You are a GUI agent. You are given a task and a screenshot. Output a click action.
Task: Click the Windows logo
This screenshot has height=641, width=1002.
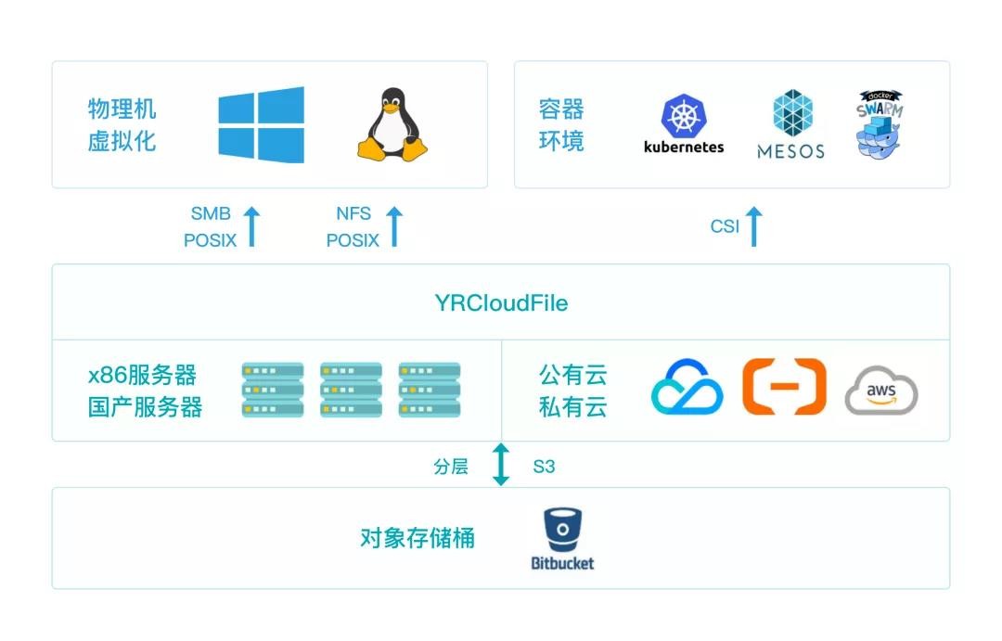tap(262, 125)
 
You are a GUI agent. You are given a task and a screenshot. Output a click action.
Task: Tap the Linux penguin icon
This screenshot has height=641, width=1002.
tap(392, 126)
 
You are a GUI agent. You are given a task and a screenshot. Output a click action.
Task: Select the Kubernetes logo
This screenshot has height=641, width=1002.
tap(684, 123)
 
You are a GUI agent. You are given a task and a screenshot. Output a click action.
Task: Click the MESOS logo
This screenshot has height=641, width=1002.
tap(791, 124)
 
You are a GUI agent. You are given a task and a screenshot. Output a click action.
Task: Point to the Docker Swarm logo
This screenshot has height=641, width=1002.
tap(880, 124)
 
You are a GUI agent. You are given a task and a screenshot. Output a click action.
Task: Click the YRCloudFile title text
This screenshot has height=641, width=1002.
tap(501, 303)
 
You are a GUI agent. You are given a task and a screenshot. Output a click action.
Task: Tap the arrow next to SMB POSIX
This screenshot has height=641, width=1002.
tap(251, 227)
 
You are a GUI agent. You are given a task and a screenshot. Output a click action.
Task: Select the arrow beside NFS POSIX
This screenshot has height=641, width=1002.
tap(394, 227)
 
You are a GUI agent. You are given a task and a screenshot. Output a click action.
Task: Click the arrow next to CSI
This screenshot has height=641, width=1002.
tap(753, 227)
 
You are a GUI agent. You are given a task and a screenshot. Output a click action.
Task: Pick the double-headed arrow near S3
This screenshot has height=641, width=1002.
tap(501, 465)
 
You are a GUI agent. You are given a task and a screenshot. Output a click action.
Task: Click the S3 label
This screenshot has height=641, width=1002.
tap(544, 467)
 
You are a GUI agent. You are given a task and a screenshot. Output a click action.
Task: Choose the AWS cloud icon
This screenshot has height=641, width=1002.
tap(881, 392)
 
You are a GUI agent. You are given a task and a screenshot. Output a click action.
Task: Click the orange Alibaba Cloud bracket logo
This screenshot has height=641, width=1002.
tap(784, 386)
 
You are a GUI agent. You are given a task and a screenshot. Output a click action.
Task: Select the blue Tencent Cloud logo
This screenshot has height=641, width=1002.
tap(687, 388)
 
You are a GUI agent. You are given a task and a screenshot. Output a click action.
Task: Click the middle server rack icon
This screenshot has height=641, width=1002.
tap(351, 390)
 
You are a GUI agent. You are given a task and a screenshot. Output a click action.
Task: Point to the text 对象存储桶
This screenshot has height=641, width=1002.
tap(417, 538)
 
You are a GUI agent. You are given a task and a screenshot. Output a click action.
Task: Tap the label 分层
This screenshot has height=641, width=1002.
tap(451, 467)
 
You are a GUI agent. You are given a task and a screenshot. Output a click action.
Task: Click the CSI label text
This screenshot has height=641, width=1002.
tap(725, 227)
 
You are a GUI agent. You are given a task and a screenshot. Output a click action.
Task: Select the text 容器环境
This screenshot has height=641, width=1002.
tap(561, 125)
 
